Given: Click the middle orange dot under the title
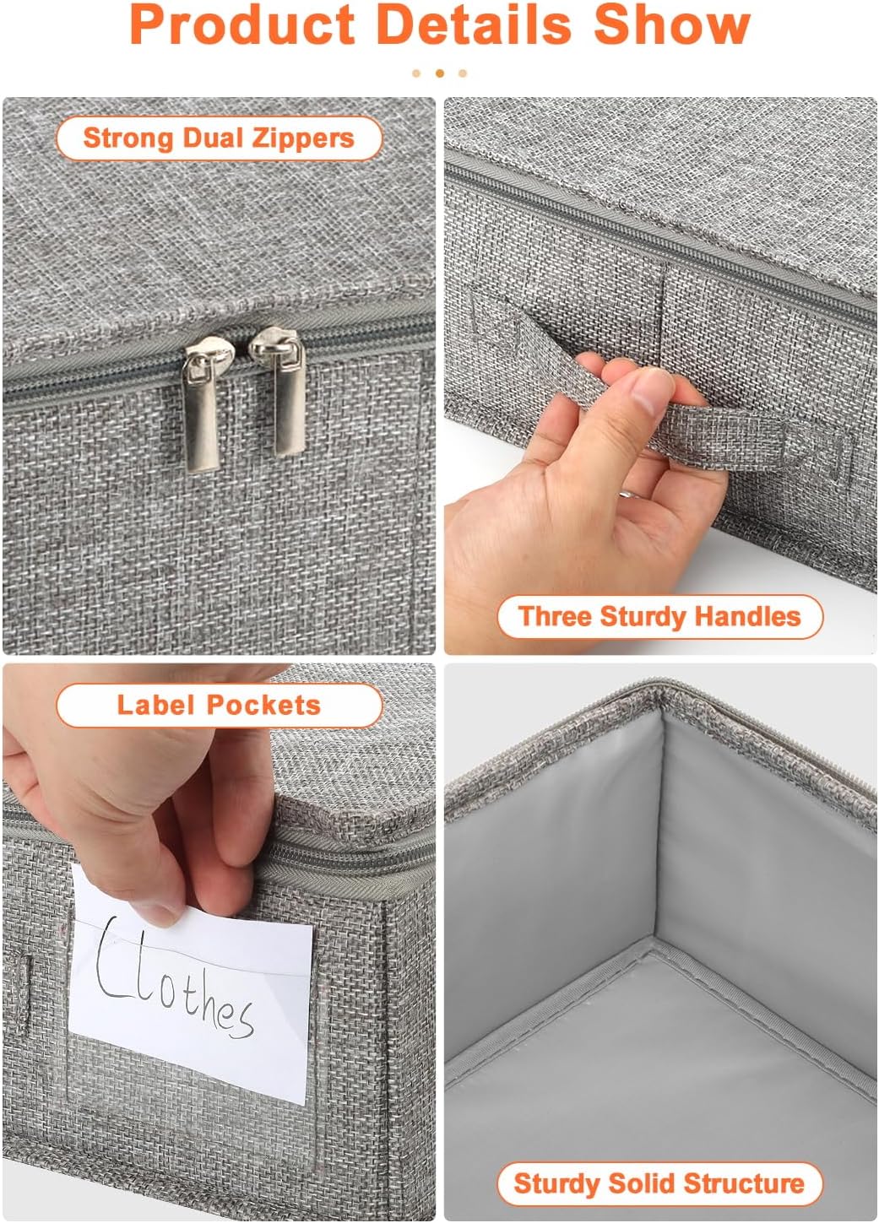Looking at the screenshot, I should click(439, 73).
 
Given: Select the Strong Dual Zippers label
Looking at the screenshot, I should click(219, 138).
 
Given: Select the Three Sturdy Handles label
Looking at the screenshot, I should click(659, 616).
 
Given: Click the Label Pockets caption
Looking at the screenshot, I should click(219, 705).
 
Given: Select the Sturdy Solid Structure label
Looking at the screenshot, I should click(659, 1183).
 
